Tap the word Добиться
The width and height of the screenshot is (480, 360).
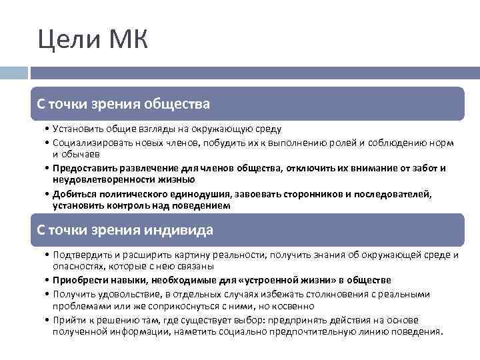(x=73, y=193)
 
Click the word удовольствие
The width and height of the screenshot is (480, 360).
(x=122, y=293)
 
